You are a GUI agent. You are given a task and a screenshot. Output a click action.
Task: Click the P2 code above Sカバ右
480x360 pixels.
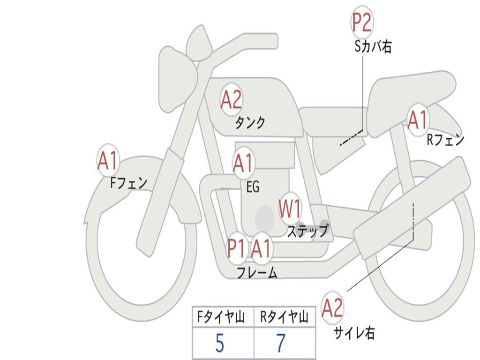(x=362, y=23)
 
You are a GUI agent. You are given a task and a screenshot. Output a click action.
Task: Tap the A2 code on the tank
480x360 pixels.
(x=231, y=100)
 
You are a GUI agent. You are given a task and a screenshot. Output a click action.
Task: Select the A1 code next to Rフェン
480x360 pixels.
(x=417, y=120)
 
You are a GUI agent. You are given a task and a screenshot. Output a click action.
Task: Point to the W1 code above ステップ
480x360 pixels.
(x=290, y=209)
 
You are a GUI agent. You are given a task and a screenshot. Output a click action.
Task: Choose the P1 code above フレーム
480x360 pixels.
(x=236, y=248)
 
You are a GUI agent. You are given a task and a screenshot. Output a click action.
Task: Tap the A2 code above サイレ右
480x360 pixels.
(x=332, y=308)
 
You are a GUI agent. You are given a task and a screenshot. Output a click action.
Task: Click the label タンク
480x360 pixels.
(x=250, y=123)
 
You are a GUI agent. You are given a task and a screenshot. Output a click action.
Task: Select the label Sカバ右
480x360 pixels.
(x=373, y=47)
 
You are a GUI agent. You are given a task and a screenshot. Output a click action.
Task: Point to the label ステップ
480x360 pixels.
(x=307, y=231)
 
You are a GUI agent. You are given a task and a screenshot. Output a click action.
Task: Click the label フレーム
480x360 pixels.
(x=257, y=272)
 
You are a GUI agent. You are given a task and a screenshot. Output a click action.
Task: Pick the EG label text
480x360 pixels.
(x=253, y=187)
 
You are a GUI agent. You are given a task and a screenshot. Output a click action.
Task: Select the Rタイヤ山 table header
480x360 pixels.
(x=284, y=318)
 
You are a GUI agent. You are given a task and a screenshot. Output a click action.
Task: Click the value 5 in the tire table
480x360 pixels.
(x=220, y=344)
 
